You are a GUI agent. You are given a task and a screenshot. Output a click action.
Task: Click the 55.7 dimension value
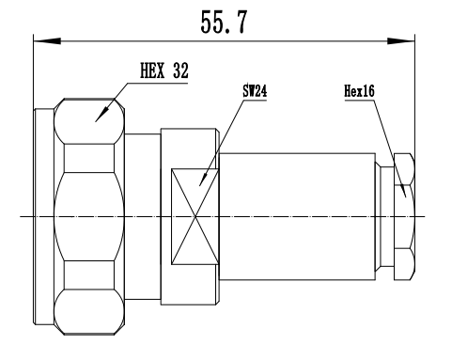(x=224, y=22)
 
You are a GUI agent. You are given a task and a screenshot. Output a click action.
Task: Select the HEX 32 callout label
(x=164, y=70)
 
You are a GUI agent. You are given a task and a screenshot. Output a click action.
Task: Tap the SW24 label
(x=255, y=91)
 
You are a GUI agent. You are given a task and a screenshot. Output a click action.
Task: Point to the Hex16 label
(x=359, y=91)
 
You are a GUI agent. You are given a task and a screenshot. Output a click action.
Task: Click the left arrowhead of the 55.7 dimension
(x=47, y=40)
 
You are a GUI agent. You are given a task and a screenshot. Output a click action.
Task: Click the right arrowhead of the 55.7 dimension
(x=401, y=40)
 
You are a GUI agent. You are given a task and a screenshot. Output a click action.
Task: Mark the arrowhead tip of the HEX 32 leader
(x=95, y=121)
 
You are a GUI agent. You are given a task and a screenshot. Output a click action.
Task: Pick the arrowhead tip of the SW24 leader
(x=199, y=186)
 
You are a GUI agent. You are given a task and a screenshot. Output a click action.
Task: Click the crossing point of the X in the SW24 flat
(x=195, y=216)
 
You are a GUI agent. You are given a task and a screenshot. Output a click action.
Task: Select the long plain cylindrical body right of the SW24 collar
(x=297, y=216)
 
